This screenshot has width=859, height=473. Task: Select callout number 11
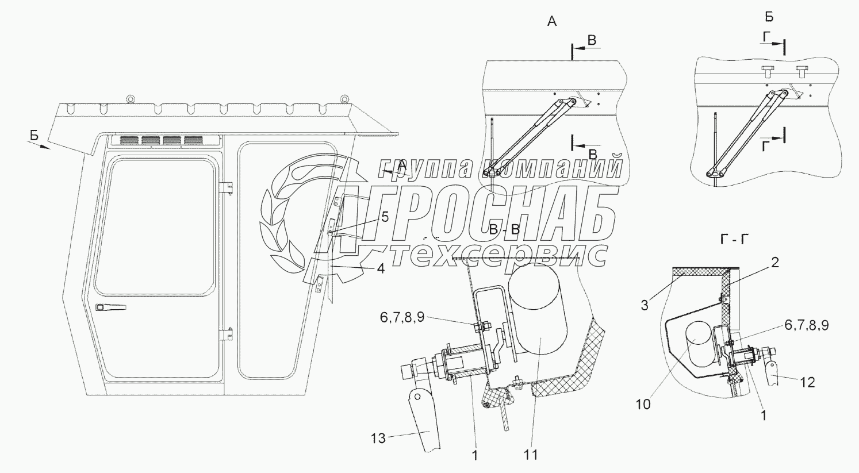531,454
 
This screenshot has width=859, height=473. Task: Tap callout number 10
643,404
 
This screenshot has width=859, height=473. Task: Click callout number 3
644,305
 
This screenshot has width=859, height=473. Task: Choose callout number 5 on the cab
385,217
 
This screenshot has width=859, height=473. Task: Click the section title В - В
504,229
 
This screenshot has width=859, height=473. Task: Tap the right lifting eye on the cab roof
344,99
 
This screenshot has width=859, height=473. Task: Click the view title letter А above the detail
552,22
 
